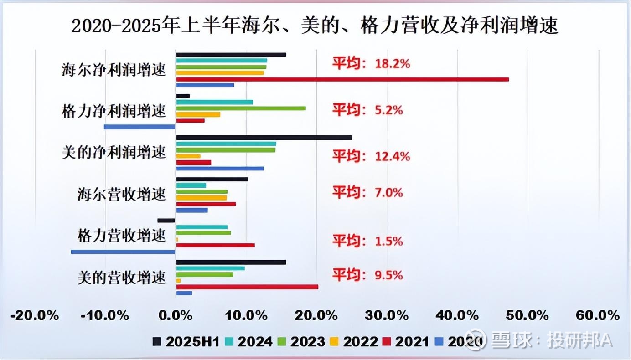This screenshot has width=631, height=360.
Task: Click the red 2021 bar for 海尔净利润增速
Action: pyautogui.click(x=342, y=79)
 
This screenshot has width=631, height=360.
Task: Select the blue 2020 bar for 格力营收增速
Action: pyautogui.click(x=123, y=251)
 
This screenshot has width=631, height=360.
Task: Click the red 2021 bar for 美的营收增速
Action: pyautogui.click(x=247, y=287)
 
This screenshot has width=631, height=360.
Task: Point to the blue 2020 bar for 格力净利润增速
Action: pyautogui.click(x=140, y=127)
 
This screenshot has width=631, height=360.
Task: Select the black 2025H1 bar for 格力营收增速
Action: pyautogui.click(x=166, y=221)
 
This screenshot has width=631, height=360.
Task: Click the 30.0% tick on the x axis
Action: pyautogui.click(x=388, y=315)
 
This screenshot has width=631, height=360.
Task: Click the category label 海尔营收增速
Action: pyautogui.click(x=121, y=195)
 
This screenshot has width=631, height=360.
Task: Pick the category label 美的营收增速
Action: pyautogui.click(x=121, y=278)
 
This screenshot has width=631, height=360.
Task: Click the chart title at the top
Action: pyautogui.click(x=315, y=26)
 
